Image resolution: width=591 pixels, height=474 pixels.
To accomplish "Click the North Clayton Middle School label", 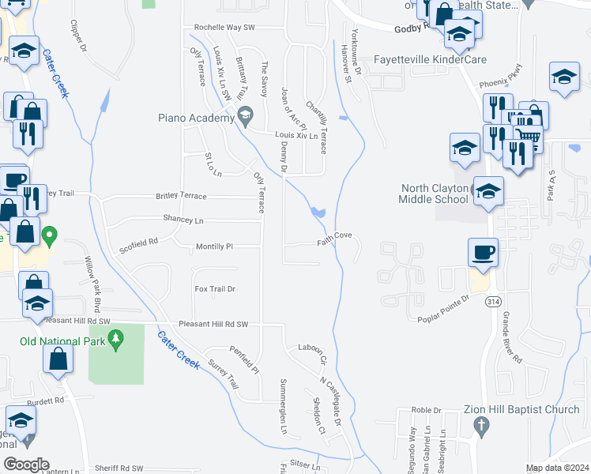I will click(435, 194).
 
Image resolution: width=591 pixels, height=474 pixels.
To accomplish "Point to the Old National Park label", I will click(61, 341).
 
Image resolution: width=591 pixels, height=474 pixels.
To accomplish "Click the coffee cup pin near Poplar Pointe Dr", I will click(483, 254).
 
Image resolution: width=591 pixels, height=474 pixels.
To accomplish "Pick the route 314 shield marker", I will click(493, 302).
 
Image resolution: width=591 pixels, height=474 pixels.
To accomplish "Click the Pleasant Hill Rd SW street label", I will click(213, 324).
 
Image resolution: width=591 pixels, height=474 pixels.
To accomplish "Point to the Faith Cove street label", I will click(334, 235).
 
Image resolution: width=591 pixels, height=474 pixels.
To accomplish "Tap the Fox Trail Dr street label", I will click(215, 289).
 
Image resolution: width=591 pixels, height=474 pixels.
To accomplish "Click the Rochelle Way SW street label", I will click(225, 28).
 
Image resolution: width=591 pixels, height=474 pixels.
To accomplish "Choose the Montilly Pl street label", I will click(214, 246).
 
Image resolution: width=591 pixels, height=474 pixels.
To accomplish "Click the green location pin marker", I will click(49, 235).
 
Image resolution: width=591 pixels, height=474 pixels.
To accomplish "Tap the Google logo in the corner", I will click(26, 465).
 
